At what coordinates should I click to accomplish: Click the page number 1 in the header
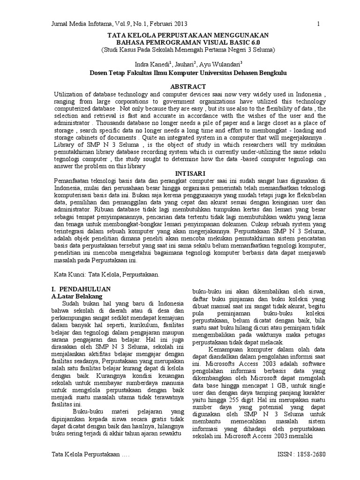tap(318, 24)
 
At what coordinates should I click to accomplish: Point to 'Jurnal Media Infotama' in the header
tap(79, 24)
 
